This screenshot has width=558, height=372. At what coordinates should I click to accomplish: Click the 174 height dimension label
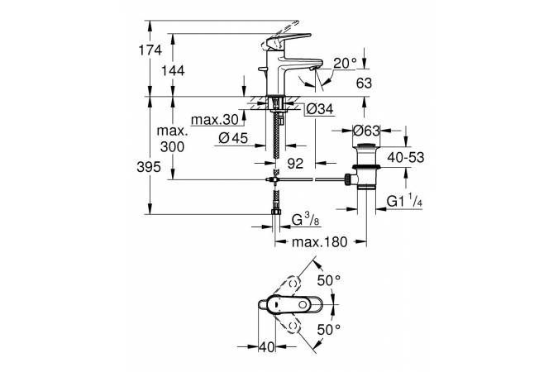(150, 50)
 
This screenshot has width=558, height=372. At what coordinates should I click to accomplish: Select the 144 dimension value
(173, 71)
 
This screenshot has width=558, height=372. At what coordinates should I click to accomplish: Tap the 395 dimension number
(149, 167)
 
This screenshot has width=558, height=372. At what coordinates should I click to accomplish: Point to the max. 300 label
(172, 139)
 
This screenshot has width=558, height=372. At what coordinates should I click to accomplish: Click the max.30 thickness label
(215, 120)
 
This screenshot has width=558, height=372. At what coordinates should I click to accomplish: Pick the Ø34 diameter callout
(320, 109)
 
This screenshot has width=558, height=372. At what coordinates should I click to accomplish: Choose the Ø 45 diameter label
(233, 138)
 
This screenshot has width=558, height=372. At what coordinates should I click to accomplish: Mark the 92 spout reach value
(295, 164)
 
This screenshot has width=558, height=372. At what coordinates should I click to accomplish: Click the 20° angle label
(345, 64)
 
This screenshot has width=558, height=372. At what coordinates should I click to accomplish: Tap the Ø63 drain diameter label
(366, 131)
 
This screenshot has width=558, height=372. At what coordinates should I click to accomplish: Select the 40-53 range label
(406, 157)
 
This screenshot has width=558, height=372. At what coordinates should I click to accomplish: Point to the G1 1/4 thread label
(404, 201)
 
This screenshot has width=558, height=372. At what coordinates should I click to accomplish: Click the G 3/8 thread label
(306, 219)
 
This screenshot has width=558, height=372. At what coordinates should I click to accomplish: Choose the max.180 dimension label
(319, 242)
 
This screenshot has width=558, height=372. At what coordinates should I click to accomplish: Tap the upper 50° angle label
(329, 280)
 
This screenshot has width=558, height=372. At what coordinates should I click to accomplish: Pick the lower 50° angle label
(329, 330)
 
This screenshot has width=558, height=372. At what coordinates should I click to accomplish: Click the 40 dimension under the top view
(267, 346)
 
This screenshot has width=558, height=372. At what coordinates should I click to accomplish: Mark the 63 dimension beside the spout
(364, 83)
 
